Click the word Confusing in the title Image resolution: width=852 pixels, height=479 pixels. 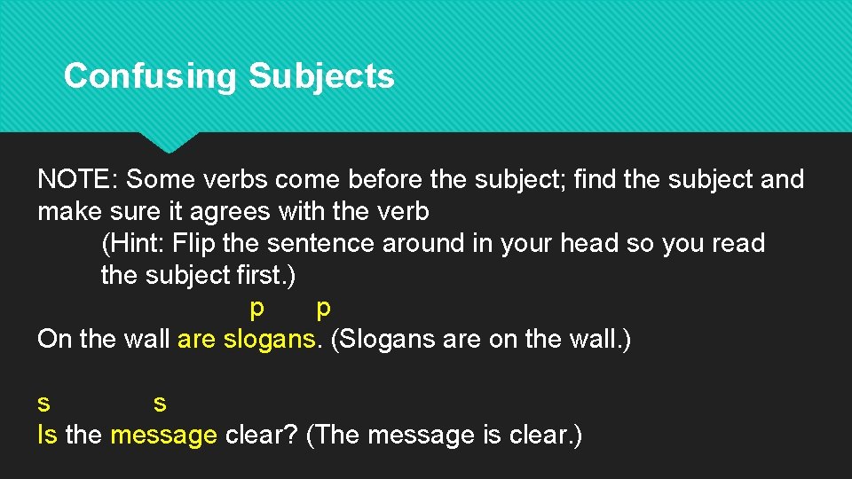click(x=150, y=76)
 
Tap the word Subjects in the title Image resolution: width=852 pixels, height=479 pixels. click(x=321, y=76)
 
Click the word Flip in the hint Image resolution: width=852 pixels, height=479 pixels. click(x=193, y=243)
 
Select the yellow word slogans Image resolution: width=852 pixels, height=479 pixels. click(x=269, y=339)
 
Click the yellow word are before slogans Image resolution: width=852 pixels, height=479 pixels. click(x=196, y=339)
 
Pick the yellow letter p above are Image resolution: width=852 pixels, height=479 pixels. click(x=256, y=308)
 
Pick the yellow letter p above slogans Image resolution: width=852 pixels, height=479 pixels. click(x=323, y=308)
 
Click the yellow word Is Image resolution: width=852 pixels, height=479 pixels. click(x=47, y=435)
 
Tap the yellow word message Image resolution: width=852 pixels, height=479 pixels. click(x=163, y=436)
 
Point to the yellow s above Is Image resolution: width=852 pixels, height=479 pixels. click(x=43, y=403)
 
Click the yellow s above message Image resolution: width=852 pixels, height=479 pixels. click(x=160, y=404)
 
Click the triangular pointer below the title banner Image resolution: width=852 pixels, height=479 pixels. click(x=168, y=141)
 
